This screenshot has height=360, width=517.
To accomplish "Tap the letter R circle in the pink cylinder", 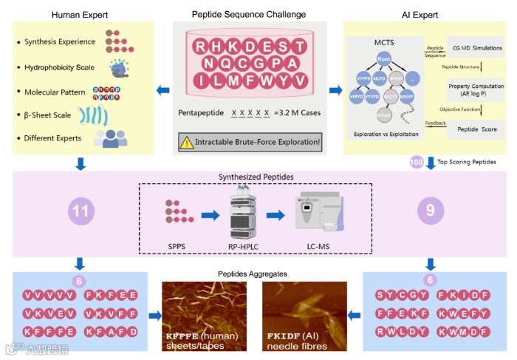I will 200,47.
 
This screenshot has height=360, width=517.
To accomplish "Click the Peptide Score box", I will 476,129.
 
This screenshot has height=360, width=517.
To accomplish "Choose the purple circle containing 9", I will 430,211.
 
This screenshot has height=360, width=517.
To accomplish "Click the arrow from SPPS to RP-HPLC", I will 210,216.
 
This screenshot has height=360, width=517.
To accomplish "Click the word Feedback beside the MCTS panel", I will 436,122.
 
